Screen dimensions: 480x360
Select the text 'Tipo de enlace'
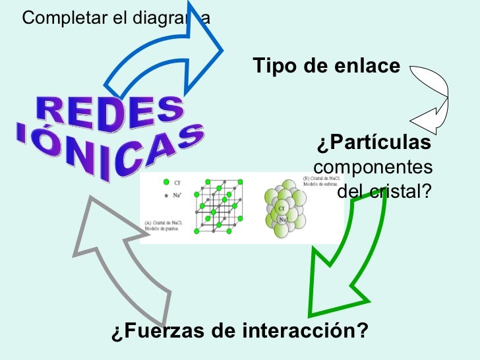tap(326, 67)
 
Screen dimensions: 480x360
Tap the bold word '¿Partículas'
tap(374, 143)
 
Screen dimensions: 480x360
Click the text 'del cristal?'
tap(384, 191)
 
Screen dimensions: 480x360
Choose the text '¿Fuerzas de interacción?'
tap(239, 330)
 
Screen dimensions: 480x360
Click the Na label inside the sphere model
tap(282, 220)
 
